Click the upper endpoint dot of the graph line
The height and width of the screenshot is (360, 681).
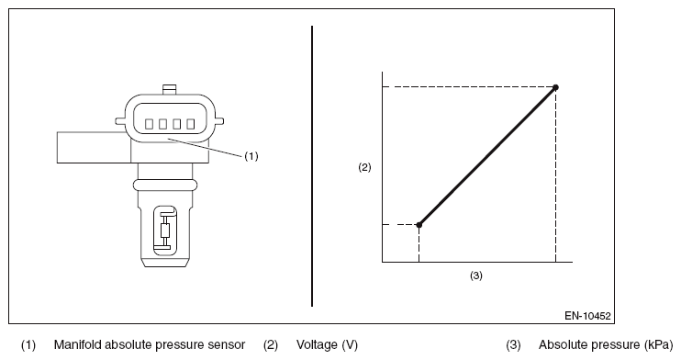click(x=555, y=87)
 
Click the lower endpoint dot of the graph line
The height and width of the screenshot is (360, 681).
click(x=419, y=225)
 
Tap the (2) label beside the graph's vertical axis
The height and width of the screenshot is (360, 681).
click(x=364, y=167)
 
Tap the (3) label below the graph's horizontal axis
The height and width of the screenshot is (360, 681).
click(x=476, y=276)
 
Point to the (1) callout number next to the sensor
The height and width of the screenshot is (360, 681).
click(x=251, y=155)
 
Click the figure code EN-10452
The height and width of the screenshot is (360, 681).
click(x=587, y=316)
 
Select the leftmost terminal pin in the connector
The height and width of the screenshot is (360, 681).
click(x=149, y=124)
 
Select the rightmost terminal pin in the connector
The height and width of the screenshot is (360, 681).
click(x=190, y=124)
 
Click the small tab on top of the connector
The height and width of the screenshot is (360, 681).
click(x=170, y=90)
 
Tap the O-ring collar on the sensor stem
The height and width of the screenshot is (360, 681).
click(x=164, y=185)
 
